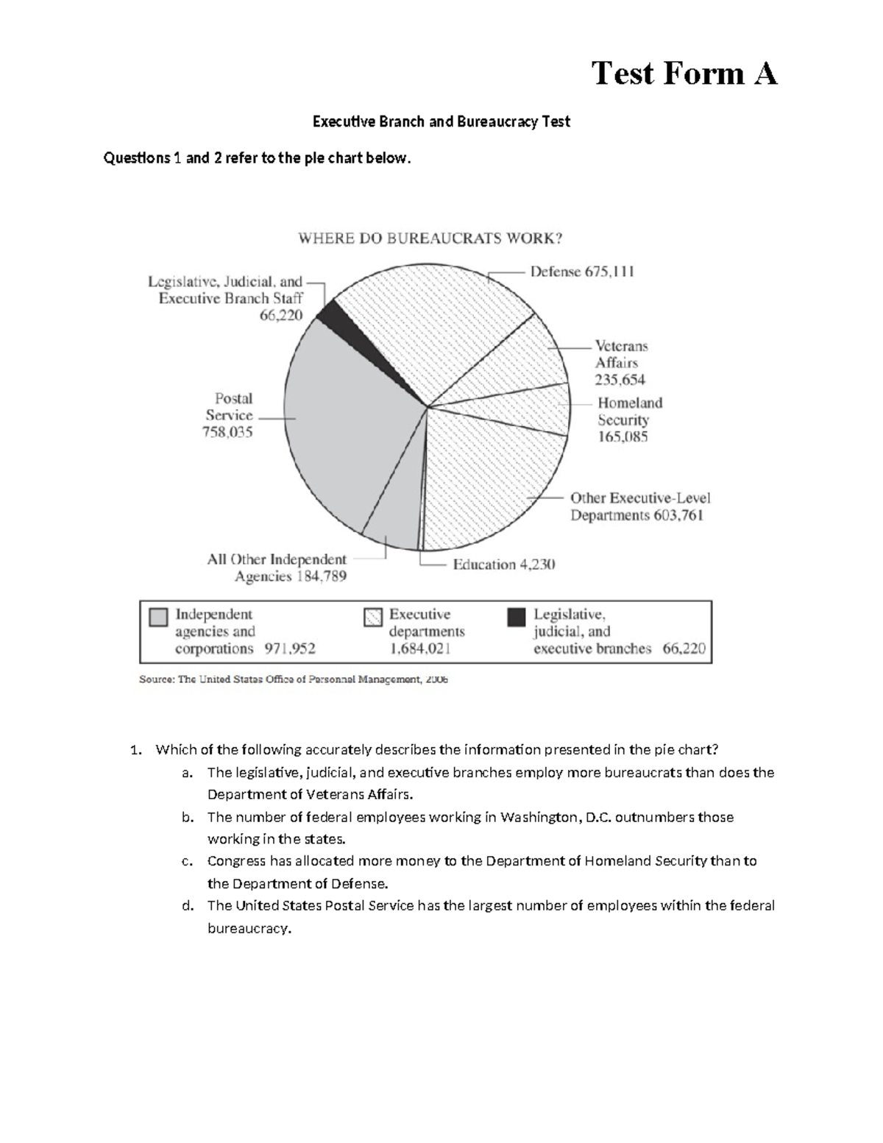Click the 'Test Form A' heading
point(684,74)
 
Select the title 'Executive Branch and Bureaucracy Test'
point(441,121)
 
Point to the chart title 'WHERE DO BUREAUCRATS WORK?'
point(430,238)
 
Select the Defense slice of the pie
point(434,324)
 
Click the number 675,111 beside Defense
point(609,272)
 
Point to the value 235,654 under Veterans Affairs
point(620,380)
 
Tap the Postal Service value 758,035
point(227,432)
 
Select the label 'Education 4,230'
point(504,565)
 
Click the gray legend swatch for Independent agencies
point(158,617)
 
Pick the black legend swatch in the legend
point(517,617)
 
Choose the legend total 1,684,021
point(420,648)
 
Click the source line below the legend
point(294,680)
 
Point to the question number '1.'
point(135,750)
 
